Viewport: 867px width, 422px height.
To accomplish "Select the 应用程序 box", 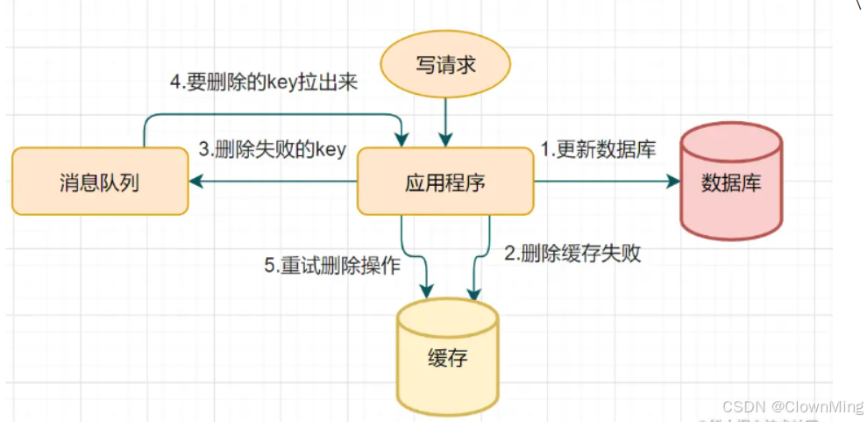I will pyautogui.click(x=444, y=182).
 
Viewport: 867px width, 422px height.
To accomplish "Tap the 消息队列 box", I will pyautogui.click(x=100, y=182).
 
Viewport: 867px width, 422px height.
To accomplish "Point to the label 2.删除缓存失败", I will pyautogui.click(x=572, y=254).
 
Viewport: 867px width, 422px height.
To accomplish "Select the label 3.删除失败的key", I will pyautogui.click(x=272, y=150).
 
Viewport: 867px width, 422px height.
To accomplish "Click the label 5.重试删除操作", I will pyautogui.click(x=332, y=266).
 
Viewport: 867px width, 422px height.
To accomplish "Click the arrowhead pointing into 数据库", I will pyautogui.click(x=674, y=182).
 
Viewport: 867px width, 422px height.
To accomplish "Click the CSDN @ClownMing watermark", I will pyautogui.click(x=792, y=406).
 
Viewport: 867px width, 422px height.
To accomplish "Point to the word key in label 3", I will pyautogui.click(x=330, y=150).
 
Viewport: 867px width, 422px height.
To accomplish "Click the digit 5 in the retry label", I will pyautogui.click(x=269, y=266).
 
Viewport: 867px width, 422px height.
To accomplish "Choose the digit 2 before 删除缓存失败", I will pyautogui.click(x=508, y=254).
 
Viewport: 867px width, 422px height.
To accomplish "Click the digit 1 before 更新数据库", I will pyautogui.click(x=544, y=150).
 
